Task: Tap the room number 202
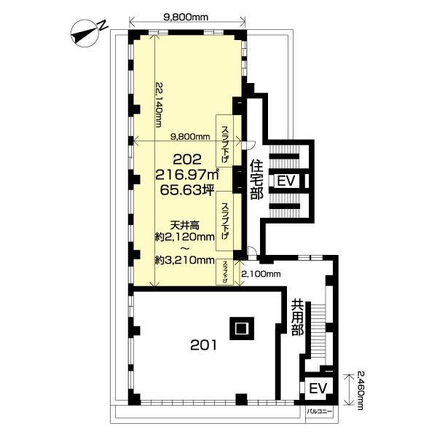pyautogui.click(x=187, y=160)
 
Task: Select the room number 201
pyautogui.click(x=203, y=345)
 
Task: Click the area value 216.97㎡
pyautogui.click(x=186, y=175)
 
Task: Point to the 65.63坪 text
pyautogui.click(x=186, y=190)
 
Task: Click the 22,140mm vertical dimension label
pyautogui.click(x=158, y=104)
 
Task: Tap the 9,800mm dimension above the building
pyautogui.click(x=186, y=17)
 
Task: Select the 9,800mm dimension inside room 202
pyautogui.click(x=190, y=137)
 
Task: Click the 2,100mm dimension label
pyautogui.click(x=261, y=275)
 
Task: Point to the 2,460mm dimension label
pyautogui.click(x=360, y=390)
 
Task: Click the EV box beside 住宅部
pyautogui.click(x=286, y=181)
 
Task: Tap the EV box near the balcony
pyautogui.click(x=318, y=388)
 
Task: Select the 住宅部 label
pyautogui.click(x=256, y=179)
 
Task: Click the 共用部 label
pyautogui.click(x=297, y=318)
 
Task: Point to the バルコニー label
pyautogui.click(x=320, y=411)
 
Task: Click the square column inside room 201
pyautogui.click(x=242, y=328)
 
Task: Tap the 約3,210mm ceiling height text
pyautogui.click(x=185, y=261)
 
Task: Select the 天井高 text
pyautogui.click(x=185, y=224)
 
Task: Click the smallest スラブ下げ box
pyautogui.click(x=225, y=272)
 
